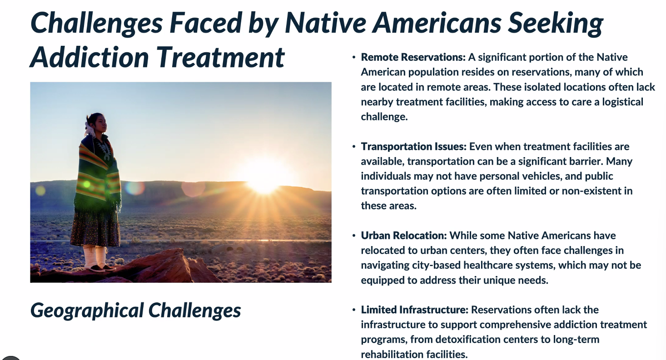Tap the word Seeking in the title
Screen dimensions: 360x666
556,24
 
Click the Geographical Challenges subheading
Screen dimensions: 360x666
135,311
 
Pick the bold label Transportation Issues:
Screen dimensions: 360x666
413,147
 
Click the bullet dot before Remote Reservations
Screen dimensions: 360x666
353,58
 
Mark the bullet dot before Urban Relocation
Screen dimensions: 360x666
353,236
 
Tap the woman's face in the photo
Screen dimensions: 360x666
100,123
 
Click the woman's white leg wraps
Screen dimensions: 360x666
95,256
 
